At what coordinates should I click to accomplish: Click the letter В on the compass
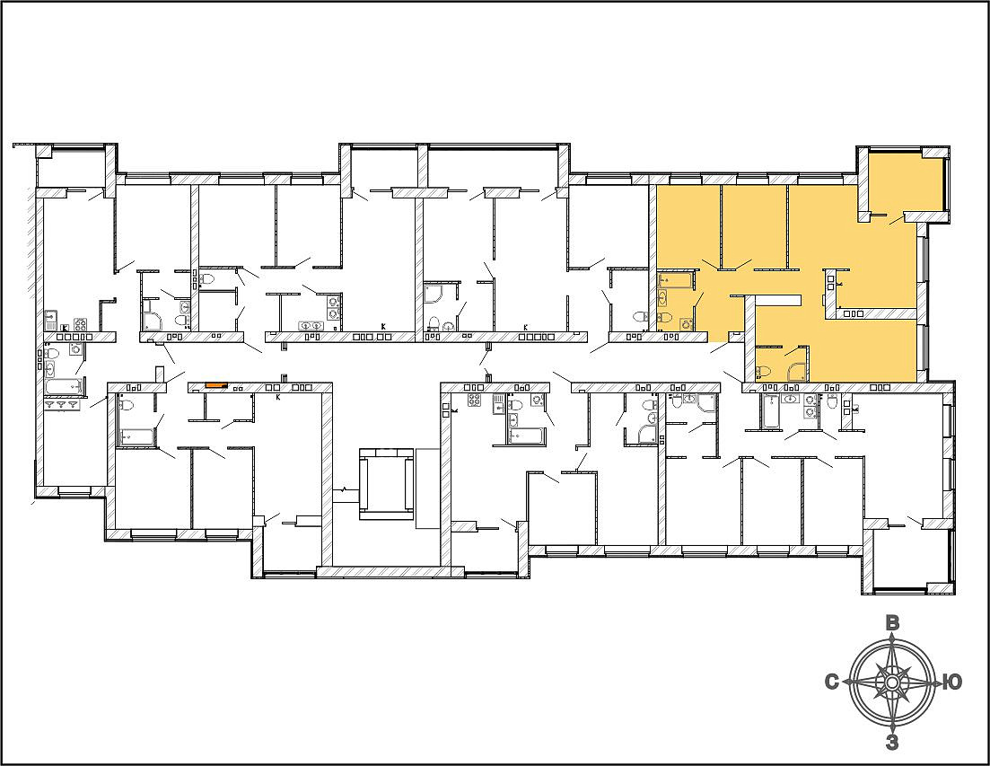coord(892,622)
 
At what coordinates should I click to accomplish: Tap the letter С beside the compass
coord(832,682)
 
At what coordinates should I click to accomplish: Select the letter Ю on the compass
coord(951,682)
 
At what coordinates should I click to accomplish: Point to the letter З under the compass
coord(892,742)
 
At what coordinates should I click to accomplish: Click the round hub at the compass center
coord(892,682)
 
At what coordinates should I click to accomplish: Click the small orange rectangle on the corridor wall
coord(216,384)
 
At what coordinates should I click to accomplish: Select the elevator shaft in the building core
coord(386,484)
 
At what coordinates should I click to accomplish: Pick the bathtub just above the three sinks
coord(63,386)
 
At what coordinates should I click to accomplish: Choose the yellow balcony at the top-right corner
coord(906,182)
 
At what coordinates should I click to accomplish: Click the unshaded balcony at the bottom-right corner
coord(910,558)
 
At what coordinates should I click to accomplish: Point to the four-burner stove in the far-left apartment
coord(80,324)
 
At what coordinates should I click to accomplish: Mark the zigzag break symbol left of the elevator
coord(344,489)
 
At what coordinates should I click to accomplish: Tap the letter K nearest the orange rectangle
coord(278,397)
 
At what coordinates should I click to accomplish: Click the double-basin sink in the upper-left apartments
coord(310,326)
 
